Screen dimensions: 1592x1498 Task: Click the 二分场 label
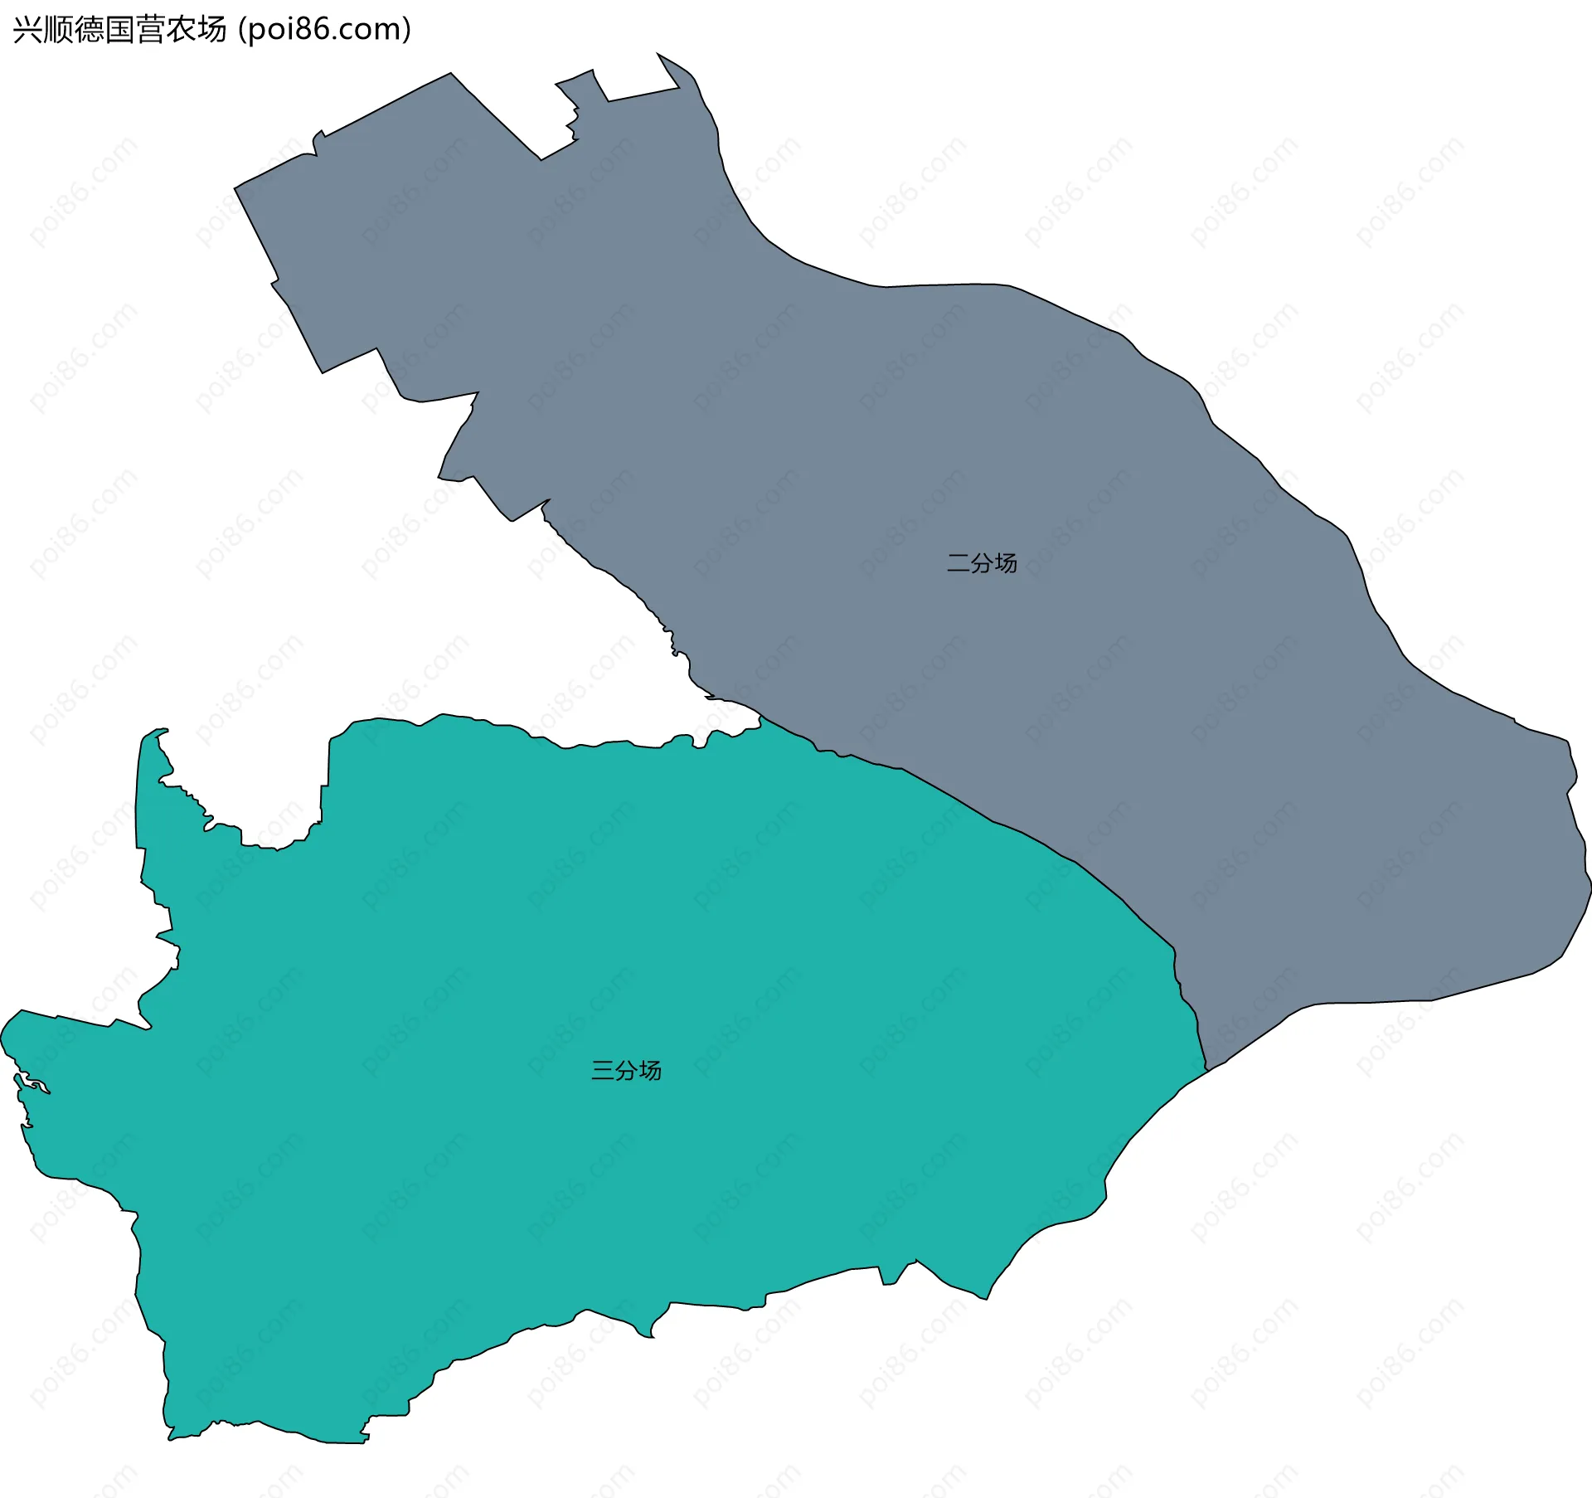(x=982, y=563)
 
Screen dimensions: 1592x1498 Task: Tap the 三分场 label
(x=626, y=1070)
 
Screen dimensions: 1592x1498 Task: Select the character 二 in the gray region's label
(x=959, y=563)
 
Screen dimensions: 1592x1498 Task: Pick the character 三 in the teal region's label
(x=603, y=1070)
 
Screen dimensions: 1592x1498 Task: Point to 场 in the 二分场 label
(x=1006, y=563)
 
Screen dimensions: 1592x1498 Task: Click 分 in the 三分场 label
(x=626, y=1070)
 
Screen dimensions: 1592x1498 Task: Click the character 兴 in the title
(x=27, y=30)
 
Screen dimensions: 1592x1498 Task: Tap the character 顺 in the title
(x=57, y=30)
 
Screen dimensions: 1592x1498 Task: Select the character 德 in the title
(x=88, y=30)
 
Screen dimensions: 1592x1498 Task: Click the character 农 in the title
(x=181, y=30)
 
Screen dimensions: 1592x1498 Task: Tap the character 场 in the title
(x=211, y=30)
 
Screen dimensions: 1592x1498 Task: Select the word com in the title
(x=369, y=30)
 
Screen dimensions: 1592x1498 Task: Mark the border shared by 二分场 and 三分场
(x=995, y=821)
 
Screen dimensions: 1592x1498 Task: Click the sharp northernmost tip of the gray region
(x=658, y=54)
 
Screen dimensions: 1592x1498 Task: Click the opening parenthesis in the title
(x=241, y=30)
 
